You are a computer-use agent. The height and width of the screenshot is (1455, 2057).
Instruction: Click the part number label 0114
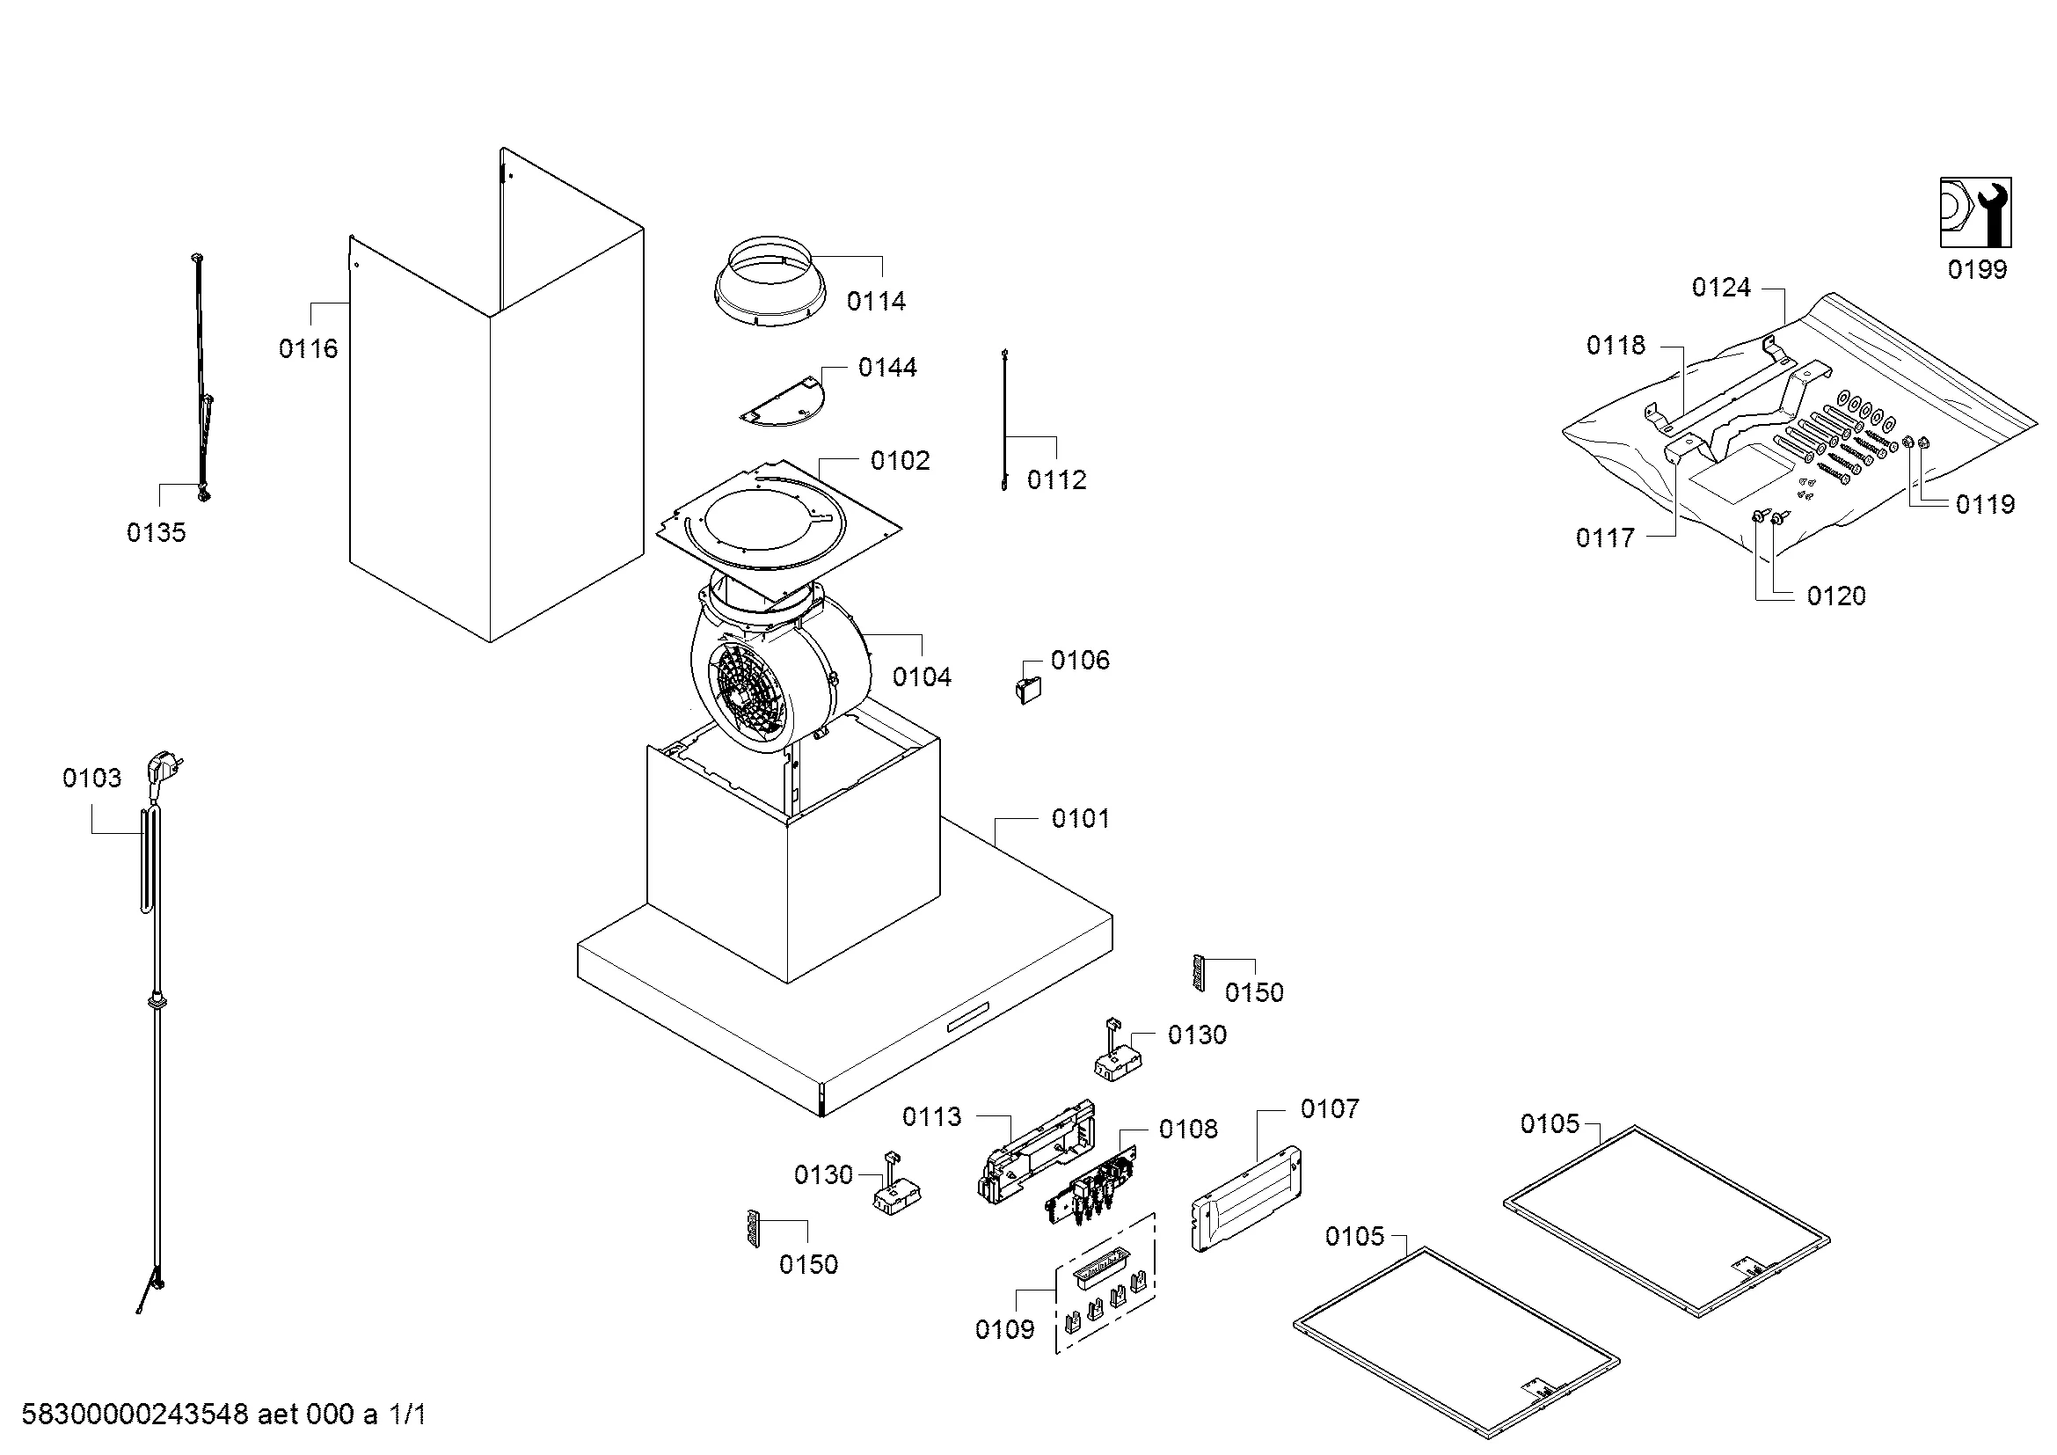pos(876,301)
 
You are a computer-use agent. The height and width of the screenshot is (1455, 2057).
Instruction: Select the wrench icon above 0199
pos(1975,212)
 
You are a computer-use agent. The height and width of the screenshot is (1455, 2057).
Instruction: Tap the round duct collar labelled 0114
pos(770,282)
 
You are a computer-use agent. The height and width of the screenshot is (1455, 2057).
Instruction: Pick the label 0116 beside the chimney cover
pos(308,348)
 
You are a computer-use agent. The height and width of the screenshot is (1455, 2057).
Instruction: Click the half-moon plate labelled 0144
pos(783,401)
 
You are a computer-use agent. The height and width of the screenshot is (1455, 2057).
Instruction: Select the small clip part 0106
pos(1029,690)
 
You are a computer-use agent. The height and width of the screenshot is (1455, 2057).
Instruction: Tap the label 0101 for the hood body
pos(1081,819)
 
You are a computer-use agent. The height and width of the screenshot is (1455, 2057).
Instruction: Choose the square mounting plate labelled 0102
pos(777,520)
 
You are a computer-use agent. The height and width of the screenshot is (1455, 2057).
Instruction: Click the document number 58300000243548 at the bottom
pos(135,1415)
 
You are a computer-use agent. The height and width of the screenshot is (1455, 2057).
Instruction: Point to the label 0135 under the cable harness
pos(156,533)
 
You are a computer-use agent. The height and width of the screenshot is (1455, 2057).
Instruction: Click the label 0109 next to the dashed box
pos(1004,1329)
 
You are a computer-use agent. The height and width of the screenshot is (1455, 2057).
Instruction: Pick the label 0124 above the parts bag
pos(1721,288)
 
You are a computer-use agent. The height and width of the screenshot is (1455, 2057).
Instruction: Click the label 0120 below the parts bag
pos(1836,596)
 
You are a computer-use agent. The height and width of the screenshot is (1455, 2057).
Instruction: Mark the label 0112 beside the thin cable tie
pos(1057,480)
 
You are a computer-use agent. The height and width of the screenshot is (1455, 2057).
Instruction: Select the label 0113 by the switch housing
pos(931,1116)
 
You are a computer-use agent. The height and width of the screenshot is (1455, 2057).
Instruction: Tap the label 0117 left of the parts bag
pos(1606,538)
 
